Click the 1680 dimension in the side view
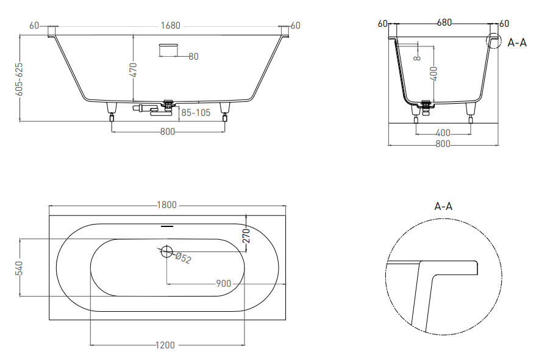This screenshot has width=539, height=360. click(171, 26)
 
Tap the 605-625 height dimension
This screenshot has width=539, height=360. click(20, 79)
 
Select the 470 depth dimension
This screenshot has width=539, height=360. click(134, 70)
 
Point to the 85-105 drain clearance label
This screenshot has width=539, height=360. click(196, 113)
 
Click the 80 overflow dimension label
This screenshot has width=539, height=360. click(193, 56)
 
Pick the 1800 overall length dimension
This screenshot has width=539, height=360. click(166, 205)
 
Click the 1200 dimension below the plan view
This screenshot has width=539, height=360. click(165, 345)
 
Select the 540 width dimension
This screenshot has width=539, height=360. click(20, 268)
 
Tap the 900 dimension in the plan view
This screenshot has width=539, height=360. click(223, 283)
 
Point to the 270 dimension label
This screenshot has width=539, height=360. click(246, 236)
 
